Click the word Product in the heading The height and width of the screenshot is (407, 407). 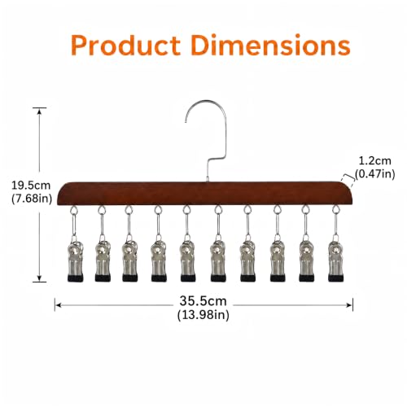125,46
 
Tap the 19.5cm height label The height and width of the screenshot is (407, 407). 31,186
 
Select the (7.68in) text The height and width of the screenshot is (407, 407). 32,199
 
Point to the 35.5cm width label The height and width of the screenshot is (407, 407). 203,301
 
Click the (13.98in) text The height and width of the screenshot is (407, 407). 203,315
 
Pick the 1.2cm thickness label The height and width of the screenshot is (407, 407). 374,161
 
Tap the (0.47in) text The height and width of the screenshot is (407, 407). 374,173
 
